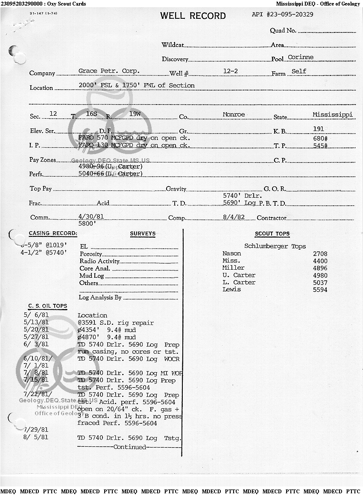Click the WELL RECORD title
pos(193,16)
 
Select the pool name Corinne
pos(300,57)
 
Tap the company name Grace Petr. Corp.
pos(109,71)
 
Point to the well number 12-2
pos(231,71)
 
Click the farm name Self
pos(299,71)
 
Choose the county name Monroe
pos(234,114)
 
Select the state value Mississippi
pos(333,114)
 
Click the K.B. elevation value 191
pos(318,128)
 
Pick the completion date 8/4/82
pos(234,217)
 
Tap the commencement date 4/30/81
pos(91,217)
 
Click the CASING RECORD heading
pos(53,233)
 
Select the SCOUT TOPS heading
pos(272,234)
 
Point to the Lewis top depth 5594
pos(320,290)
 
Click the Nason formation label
pos(231,254)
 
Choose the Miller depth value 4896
pos(320,268)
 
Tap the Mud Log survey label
pos(91,276)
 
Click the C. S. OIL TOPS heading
pos(47,306)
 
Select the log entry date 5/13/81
pos(36,323)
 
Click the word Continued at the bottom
pos(129,447)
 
